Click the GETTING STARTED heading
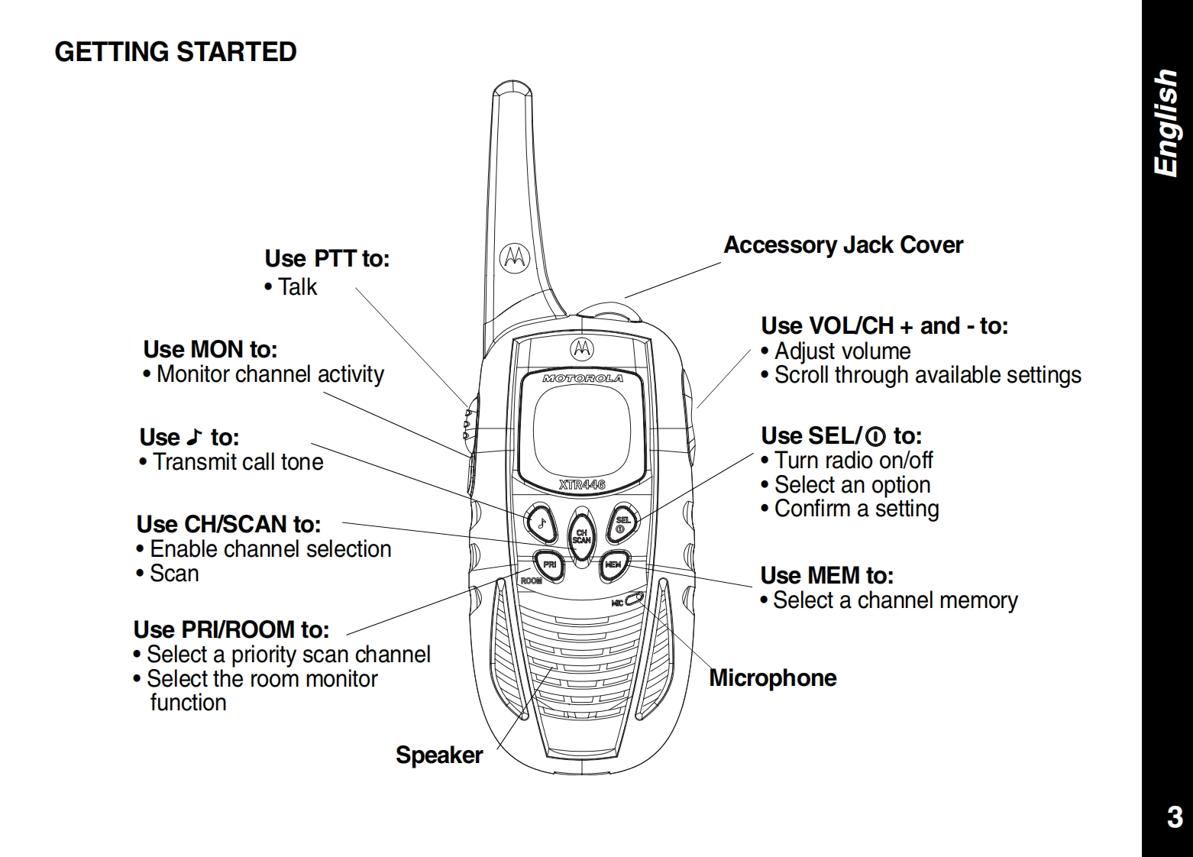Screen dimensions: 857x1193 pyautogui.click(x=176, y=52)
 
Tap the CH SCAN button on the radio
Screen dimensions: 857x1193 pyautogui.click(x=581, y=535)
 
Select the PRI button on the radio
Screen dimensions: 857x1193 pyautogui.click(x=548, y=564)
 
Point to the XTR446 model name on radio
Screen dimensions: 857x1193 pyautogui.click(x=582, y=484)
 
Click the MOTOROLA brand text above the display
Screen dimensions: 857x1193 pyautogui.click(x=582, y=378)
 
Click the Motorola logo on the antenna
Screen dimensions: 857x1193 pyautogui.click(x=514, y=258)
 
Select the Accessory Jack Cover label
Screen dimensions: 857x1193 pyautogui.click(x=842, y=245)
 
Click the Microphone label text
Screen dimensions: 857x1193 pyautogui.click(x=772, y=678)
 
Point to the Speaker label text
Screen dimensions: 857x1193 pyautogui.click(x=439, y=755)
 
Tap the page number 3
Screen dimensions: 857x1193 pyautogui.click(x=1174, y=817)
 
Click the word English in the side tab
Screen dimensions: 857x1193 pyautogui.click(x=1166, y=123)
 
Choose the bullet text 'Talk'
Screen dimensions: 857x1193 pyautogui.click(x=296, y=287)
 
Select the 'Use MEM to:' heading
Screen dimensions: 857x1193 pyautogui.click(x=826, y=575)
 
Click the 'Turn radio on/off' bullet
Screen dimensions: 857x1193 pyautogui.click(x=853, y=461)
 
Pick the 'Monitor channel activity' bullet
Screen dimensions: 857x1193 pyautogui.click(x=270, y=374)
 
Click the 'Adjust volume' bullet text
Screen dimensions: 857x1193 pyautogui.click(x=842, y=351)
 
